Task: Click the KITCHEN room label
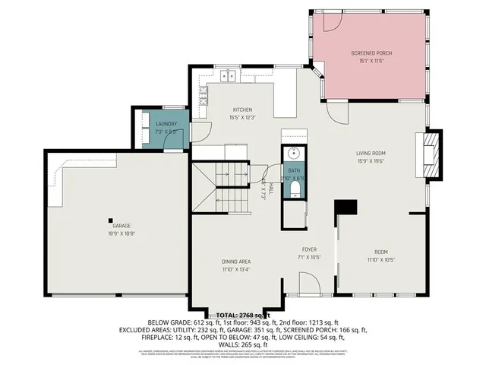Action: pos(241,110)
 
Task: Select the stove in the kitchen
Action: pos(203,95)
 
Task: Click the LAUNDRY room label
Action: pos(166,124)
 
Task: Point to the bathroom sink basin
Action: pos(295,152)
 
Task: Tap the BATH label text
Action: pos(295,171)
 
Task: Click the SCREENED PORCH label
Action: pos(371,53)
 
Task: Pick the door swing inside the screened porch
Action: pos(331,21)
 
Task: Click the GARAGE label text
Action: pos(121,226)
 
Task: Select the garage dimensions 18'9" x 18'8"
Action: pos(121,233)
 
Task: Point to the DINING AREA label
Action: pos(236,262)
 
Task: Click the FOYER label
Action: pos(309,249)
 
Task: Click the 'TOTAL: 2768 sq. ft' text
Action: pos(243,315)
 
